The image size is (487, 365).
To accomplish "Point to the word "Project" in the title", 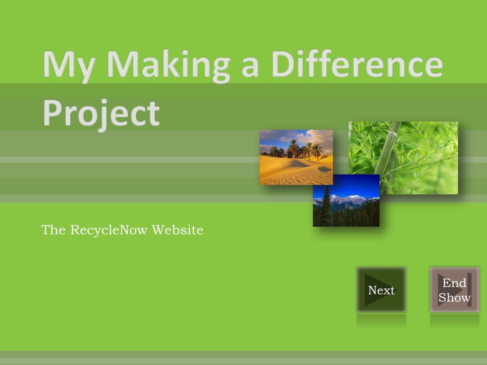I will pyautogui.click(x=101, y=113).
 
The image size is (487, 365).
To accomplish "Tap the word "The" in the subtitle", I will pyautogui.click(x=53, y=230).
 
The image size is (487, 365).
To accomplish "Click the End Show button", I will pyautogui.click(x=454, y=290).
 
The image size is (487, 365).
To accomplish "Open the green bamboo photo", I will pyautogui.click(x=419, y=147).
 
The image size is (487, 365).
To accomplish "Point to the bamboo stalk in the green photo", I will pyautogui.click(x=388, y=147).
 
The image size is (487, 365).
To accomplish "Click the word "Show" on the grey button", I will pyautogui.click(x=454, y=298).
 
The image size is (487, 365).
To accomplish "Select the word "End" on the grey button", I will pyautogui.click(x=454, y=283).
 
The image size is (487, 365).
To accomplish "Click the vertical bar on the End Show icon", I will pyautogui.click(x=469, y=290).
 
